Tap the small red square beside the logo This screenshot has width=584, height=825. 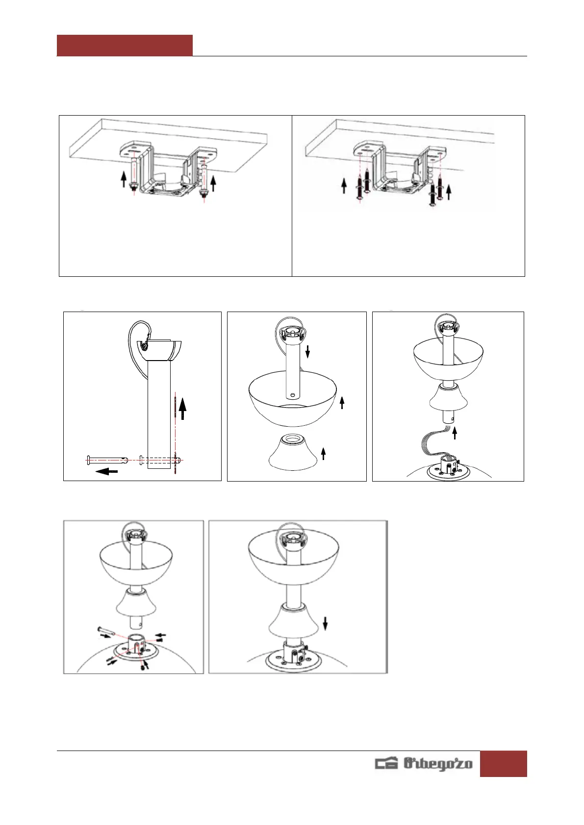503,764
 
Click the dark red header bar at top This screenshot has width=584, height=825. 125,46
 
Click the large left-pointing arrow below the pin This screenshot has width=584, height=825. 107,471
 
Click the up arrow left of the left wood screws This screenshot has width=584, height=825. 344,186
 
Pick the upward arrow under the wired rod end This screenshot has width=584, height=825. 455,434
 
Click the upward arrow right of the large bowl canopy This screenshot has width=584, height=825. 342,402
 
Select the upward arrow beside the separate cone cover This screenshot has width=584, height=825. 323,454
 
